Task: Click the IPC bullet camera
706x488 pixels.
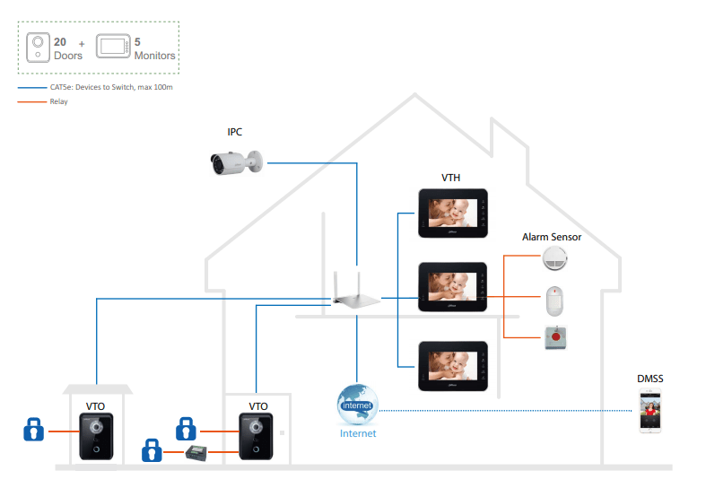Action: point(235,162)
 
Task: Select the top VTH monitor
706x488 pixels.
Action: point(452,213)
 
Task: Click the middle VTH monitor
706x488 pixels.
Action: point(452,287)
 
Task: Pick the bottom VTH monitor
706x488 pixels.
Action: point(452,366)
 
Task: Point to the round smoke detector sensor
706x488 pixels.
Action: point(556,261)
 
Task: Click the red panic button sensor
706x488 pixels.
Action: point(556,338)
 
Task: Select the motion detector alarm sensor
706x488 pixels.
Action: point(556,301)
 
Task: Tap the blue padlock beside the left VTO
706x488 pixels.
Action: point(33,430)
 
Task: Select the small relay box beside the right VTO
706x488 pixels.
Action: point(198,453)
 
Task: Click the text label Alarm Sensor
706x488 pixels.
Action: point(552,237)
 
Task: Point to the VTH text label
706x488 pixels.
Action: point(451,178)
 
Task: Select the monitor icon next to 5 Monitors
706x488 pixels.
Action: point(111,48)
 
